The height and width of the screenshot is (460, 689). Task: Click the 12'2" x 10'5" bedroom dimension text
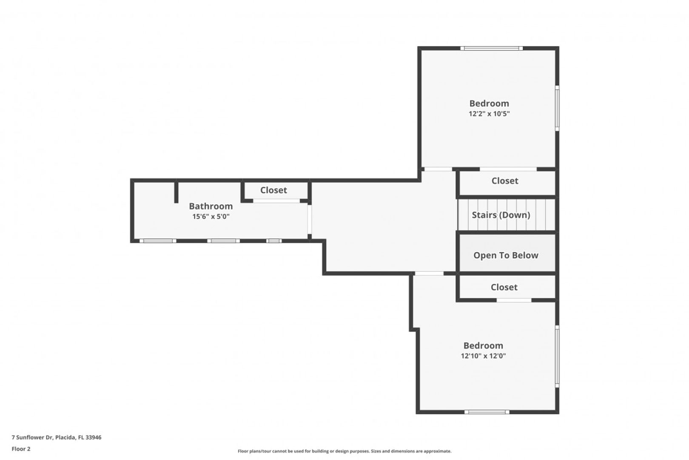coord(489,114)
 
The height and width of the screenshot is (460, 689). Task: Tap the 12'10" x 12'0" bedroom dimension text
coord(483,356)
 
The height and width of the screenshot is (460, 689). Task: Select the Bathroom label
coord(211,206)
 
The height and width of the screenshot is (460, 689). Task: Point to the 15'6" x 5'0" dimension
coord(211,217)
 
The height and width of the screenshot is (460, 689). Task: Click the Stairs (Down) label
coord(501,215)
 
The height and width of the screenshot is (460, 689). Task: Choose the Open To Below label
coord(506,256)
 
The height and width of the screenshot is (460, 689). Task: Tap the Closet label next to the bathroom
coord(273,190)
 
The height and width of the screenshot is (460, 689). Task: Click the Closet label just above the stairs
coord(505,181)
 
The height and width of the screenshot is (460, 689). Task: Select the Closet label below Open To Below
coord(504,287)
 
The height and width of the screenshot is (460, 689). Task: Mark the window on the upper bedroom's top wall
coord(492,49)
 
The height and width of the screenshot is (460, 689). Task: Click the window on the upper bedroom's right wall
coord(557,108)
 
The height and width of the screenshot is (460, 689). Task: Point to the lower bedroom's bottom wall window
coord(487,412)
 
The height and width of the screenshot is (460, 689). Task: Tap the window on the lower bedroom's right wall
coord(557,356)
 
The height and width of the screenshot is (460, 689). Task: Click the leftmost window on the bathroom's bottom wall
coord(158,241)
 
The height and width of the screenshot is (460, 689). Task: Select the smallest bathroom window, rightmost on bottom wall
coord(274,241)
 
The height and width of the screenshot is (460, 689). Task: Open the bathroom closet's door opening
coord(276,201)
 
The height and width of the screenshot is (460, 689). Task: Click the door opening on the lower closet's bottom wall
coord(514,300)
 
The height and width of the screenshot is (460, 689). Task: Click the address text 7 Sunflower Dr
coord(32,437)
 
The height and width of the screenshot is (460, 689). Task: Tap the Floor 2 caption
coord(21,449)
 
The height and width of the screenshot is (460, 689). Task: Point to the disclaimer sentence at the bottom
coord(344,451)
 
